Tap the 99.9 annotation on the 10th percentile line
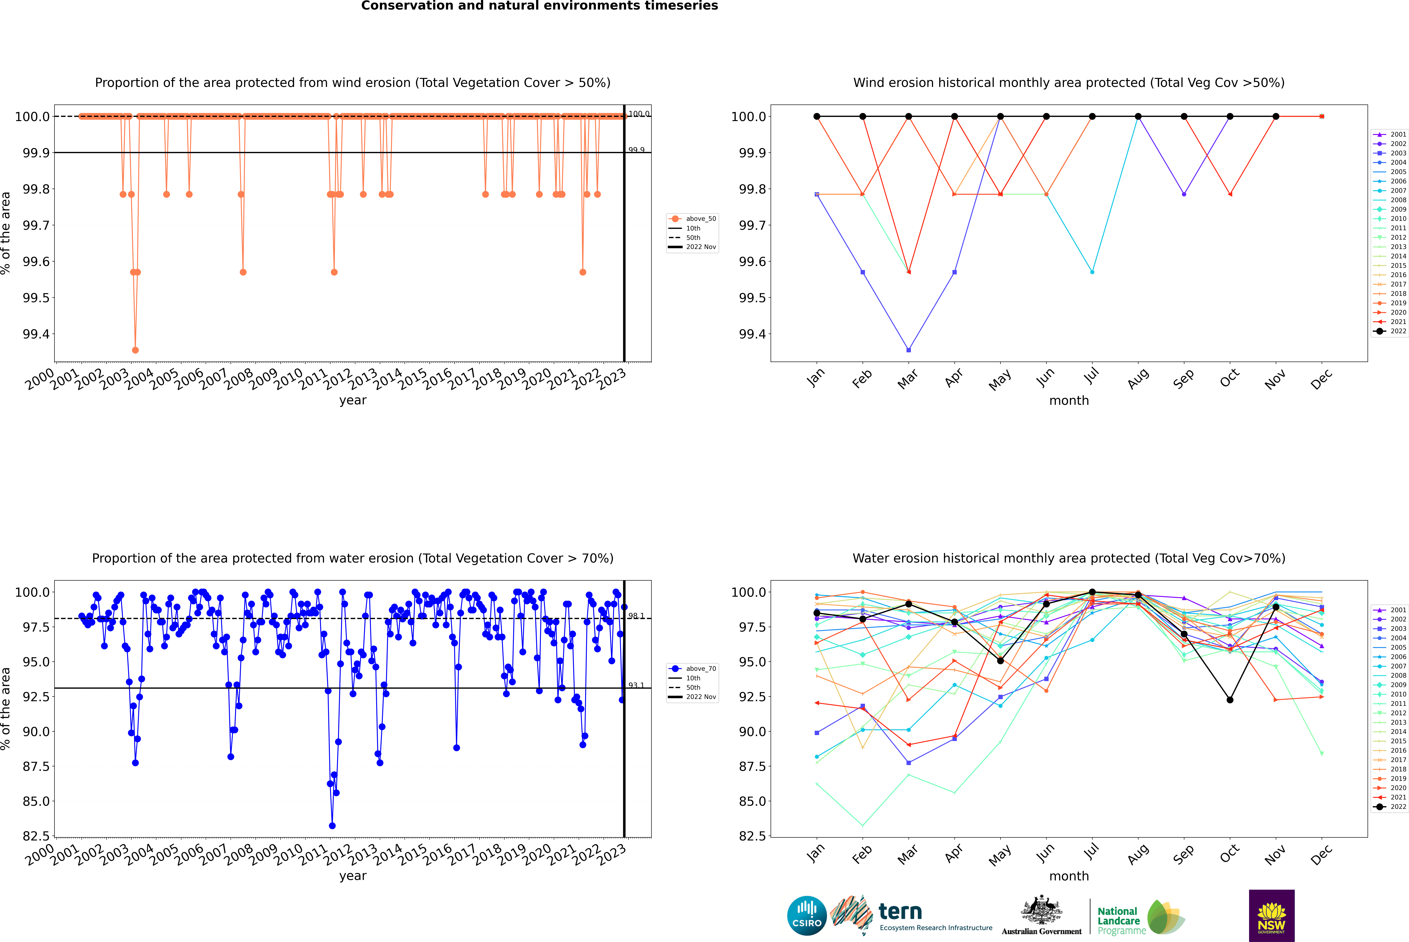pos(636,150)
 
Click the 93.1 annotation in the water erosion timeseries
pos(636,685)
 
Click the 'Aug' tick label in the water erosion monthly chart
pos(1138,854)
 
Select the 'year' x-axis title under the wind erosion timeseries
pos(353,400)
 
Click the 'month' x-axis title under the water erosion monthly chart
pos(1068,876)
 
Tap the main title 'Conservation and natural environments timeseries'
pos(539,6)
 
